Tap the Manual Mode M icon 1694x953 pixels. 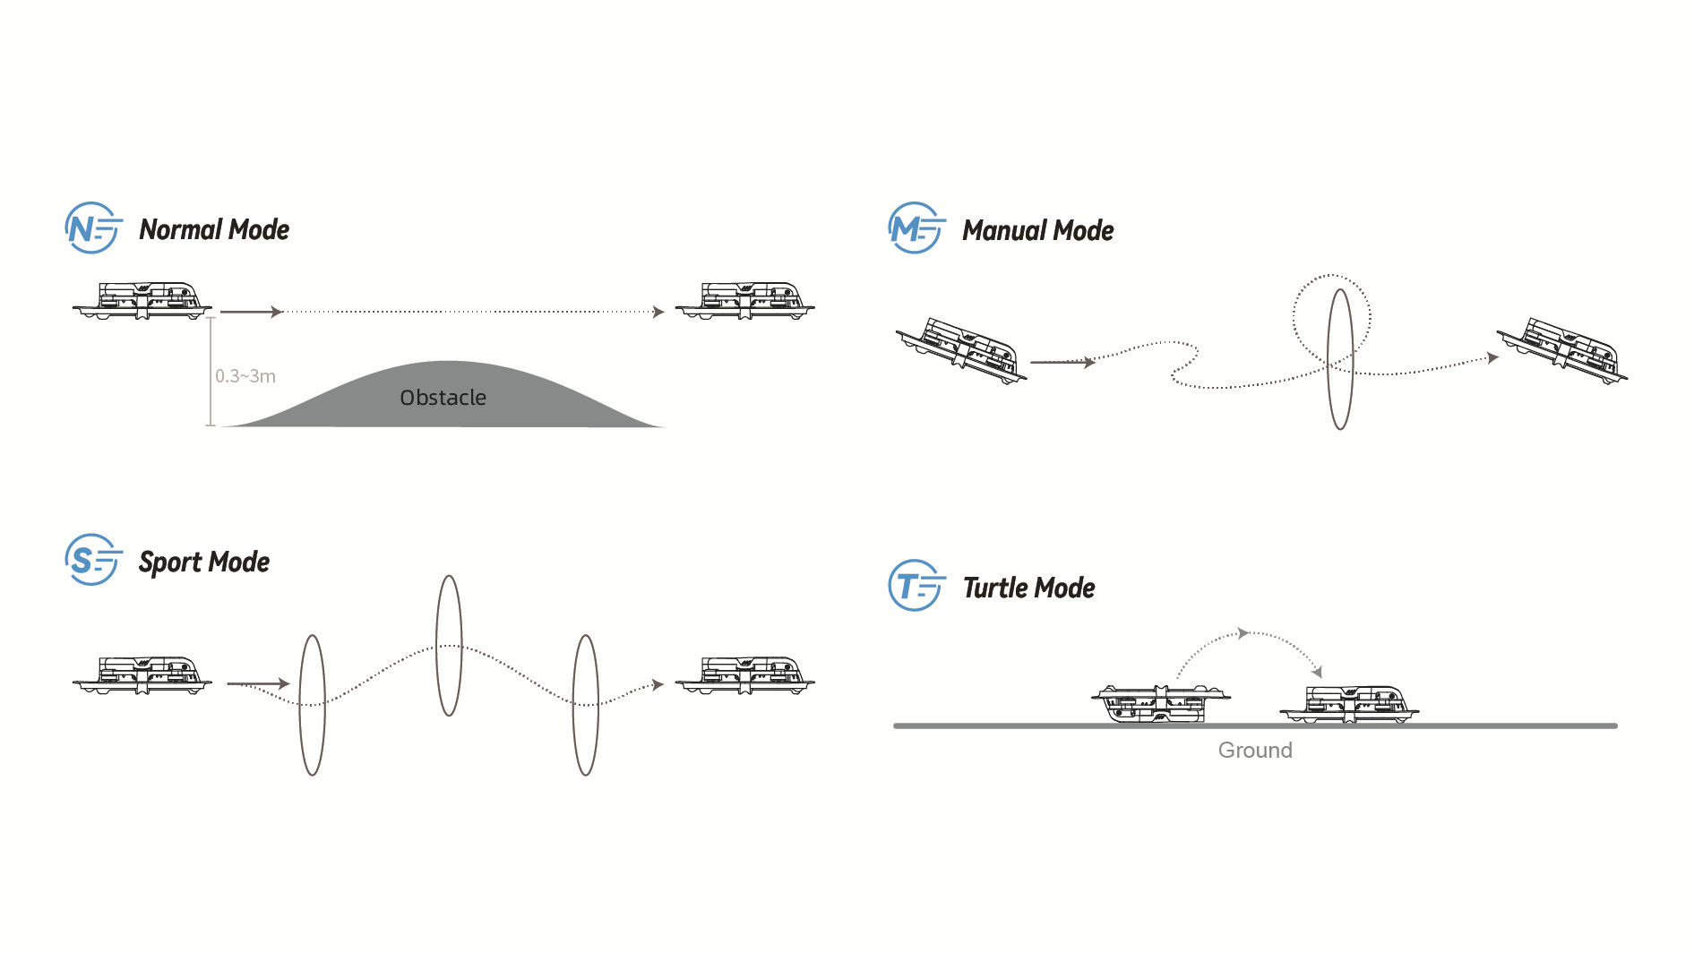coord(916,228)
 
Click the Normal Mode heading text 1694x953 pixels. coord(214,230)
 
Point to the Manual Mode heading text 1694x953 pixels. coord(1037,231)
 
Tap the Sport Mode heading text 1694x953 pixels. coord(204,562)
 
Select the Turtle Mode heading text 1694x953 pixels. coord(1028,588)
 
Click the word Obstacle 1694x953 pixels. coord(443,398)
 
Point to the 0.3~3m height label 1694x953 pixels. coord(245,376)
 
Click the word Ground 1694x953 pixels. coord(1254,751)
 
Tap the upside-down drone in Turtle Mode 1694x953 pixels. coord(1160,704)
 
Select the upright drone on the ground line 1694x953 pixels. coord(1349,704)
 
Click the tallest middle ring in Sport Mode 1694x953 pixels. coord(449,645)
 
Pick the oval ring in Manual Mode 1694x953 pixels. coord(1339,358)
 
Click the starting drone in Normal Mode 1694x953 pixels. coord(142,301)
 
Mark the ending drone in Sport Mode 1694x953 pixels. coord(744,676)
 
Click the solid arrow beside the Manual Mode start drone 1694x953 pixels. coord(1062,363)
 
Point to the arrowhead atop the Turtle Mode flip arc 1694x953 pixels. coord(1243,633)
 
